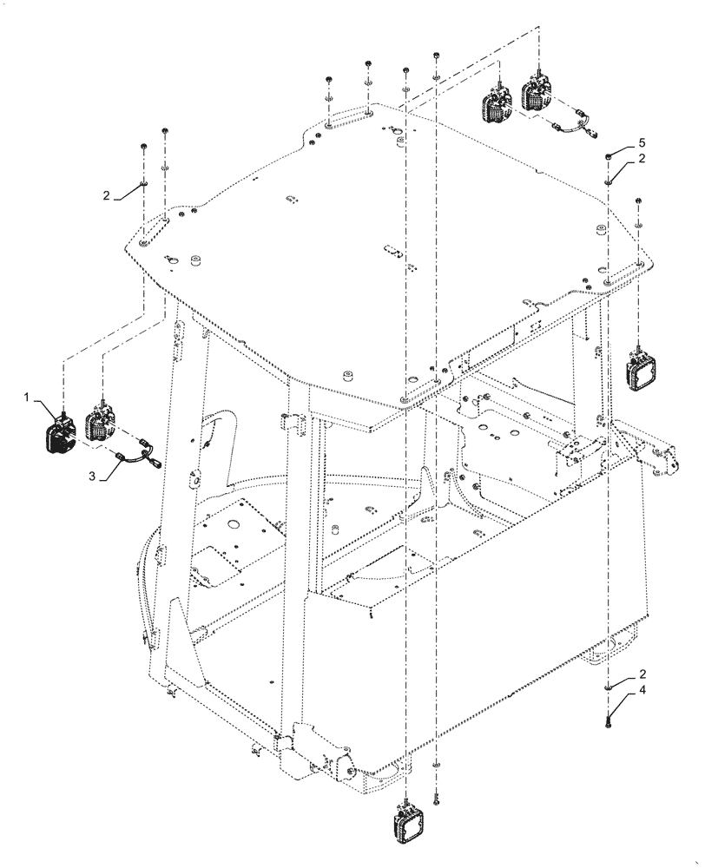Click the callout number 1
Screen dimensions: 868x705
coord(28,398)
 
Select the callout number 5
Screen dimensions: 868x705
coord(642,141)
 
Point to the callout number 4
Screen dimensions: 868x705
coord(642,691)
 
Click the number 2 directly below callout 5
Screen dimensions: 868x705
coord(642,159)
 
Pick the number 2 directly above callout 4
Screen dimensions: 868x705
coord(642,674)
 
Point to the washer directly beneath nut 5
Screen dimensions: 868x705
coord(609,181)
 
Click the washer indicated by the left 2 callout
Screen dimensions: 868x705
coord(143,184)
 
